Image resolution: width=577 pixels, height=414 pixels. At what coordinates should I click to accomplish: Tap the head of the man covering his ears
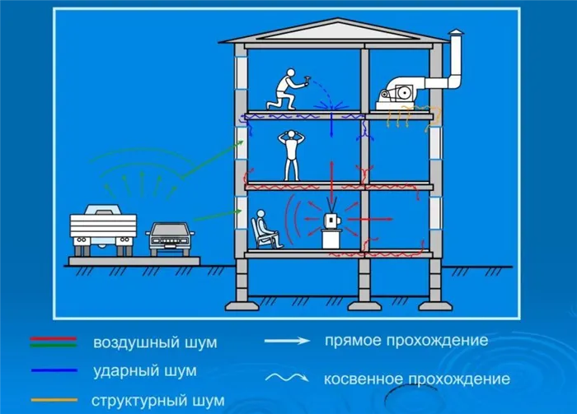coord(292,134)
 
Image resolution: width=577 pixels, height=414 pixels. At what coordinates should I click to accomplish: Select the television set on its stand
coord(332,221)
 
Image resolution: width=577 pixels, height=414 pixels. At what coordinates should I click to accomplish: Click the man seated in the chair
coord(267,229)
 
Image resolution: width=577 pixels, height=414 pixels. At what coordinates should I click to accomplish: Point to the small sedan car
coord(170,239)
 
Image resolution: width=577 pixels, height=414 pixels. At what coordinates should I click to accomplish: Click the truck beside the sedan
coord(103,230)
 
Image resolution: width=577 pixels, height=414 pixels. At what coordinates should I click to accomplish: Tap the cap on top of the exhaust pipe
coord(456,32)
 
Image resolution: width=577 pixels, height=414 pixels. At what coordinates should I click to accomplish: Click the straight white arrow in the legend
coord(287,341)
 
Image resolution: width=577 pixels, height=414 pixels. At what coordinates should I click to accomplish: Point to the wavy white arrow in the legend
coord(287,378)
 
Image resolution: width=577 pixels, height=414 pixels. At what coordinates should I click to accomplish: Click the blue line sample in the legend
coord(54,370)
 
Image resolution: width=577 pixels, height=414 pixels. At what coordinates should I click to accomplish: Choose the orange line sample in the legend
coord(54,400)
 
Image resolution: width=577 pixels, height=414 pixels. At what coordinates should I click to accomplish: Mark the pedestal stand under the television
coord(331,240)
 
